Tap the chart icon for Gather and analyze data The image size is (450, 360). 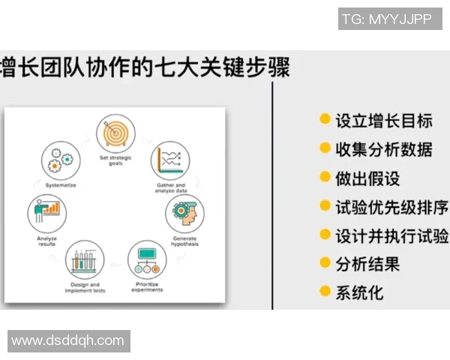click(x=167, y=159)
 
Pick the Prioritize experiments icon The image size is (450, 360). click(x=148, y=259)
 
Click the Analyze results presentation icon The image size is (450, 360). click(x=46, y=212)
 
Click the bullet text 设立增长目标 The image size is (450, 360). click(x=383, y=120)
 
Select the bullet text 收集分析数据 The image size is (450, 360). click(x=383, y=148)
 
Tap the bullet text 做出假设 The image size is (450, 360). click(x=367, y=178)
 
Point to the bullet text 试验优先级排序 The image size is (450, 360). click(x=391, y=206)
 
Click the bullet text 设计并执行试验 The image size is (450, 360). click(x=391, y=235)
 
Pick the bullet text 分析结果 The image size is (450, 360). click(x=367, y=263)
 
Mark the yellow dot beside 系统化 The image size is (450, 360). click(x=325, y=291)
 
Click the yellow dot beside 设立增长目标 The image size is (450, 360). click(x=325, y=119)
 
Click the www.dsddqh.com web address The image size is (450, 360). click(x=68, y=340)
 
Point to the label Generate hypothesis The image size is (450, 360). click(x=184, y=241)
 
